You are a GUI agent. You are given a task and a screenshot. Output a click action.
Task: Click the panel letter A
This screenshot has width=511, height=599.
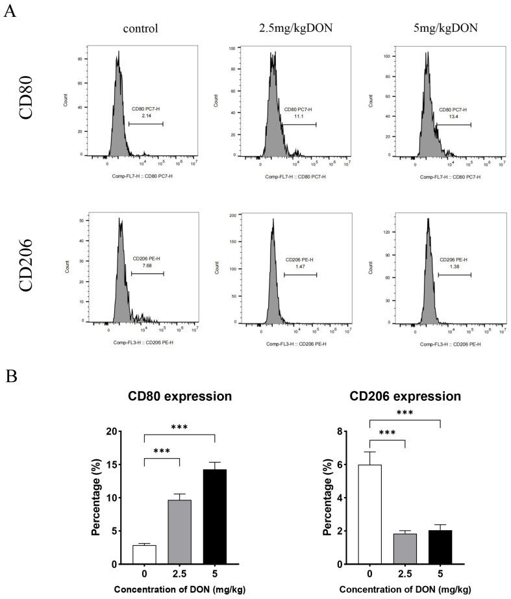tap(9, 12)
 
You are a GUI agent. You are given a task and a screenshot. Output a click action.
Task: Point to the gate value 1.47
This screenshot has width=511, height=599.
tap(298, 266)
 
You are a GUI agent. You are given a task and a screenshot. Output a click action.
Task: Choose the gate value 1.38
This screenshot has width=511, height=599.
tap(453, 266)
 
